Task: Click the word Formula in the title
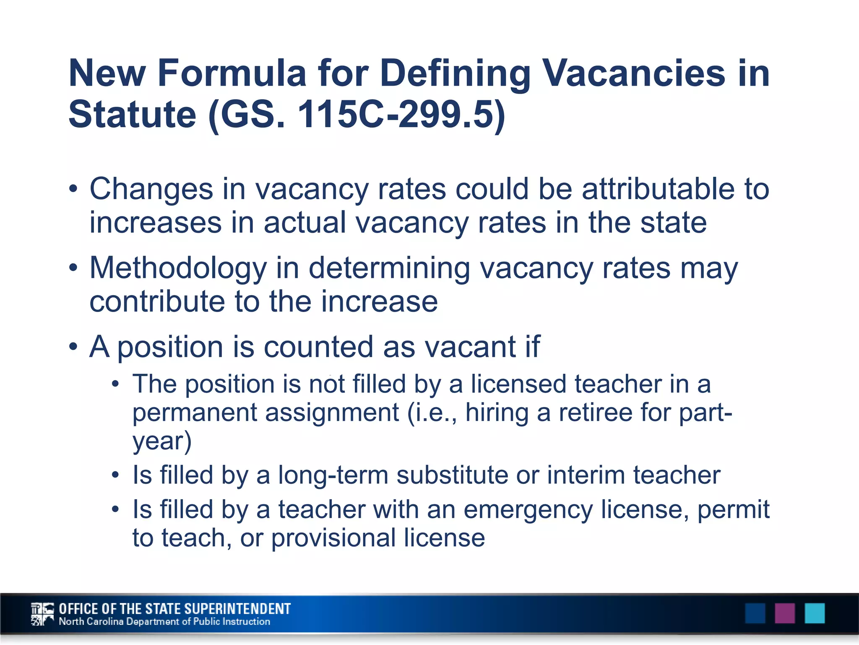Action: (232, 73)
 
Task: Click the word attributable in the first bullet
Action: (658, 189)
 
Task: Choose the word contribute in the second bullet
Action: (157, 302)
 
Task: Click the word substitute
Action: (452, 475)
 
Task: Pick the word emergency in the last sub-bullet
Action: (528, 510)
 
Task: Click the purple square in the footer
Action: (785, 613)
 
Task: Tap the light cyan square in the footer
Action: (815, 613)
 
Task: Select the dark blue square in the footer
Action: (755, 613)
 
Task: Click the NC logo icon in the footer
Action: (42, 614)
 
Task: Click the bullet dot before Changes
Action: (74, 189)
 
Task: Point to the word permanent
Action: (195, 412)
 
